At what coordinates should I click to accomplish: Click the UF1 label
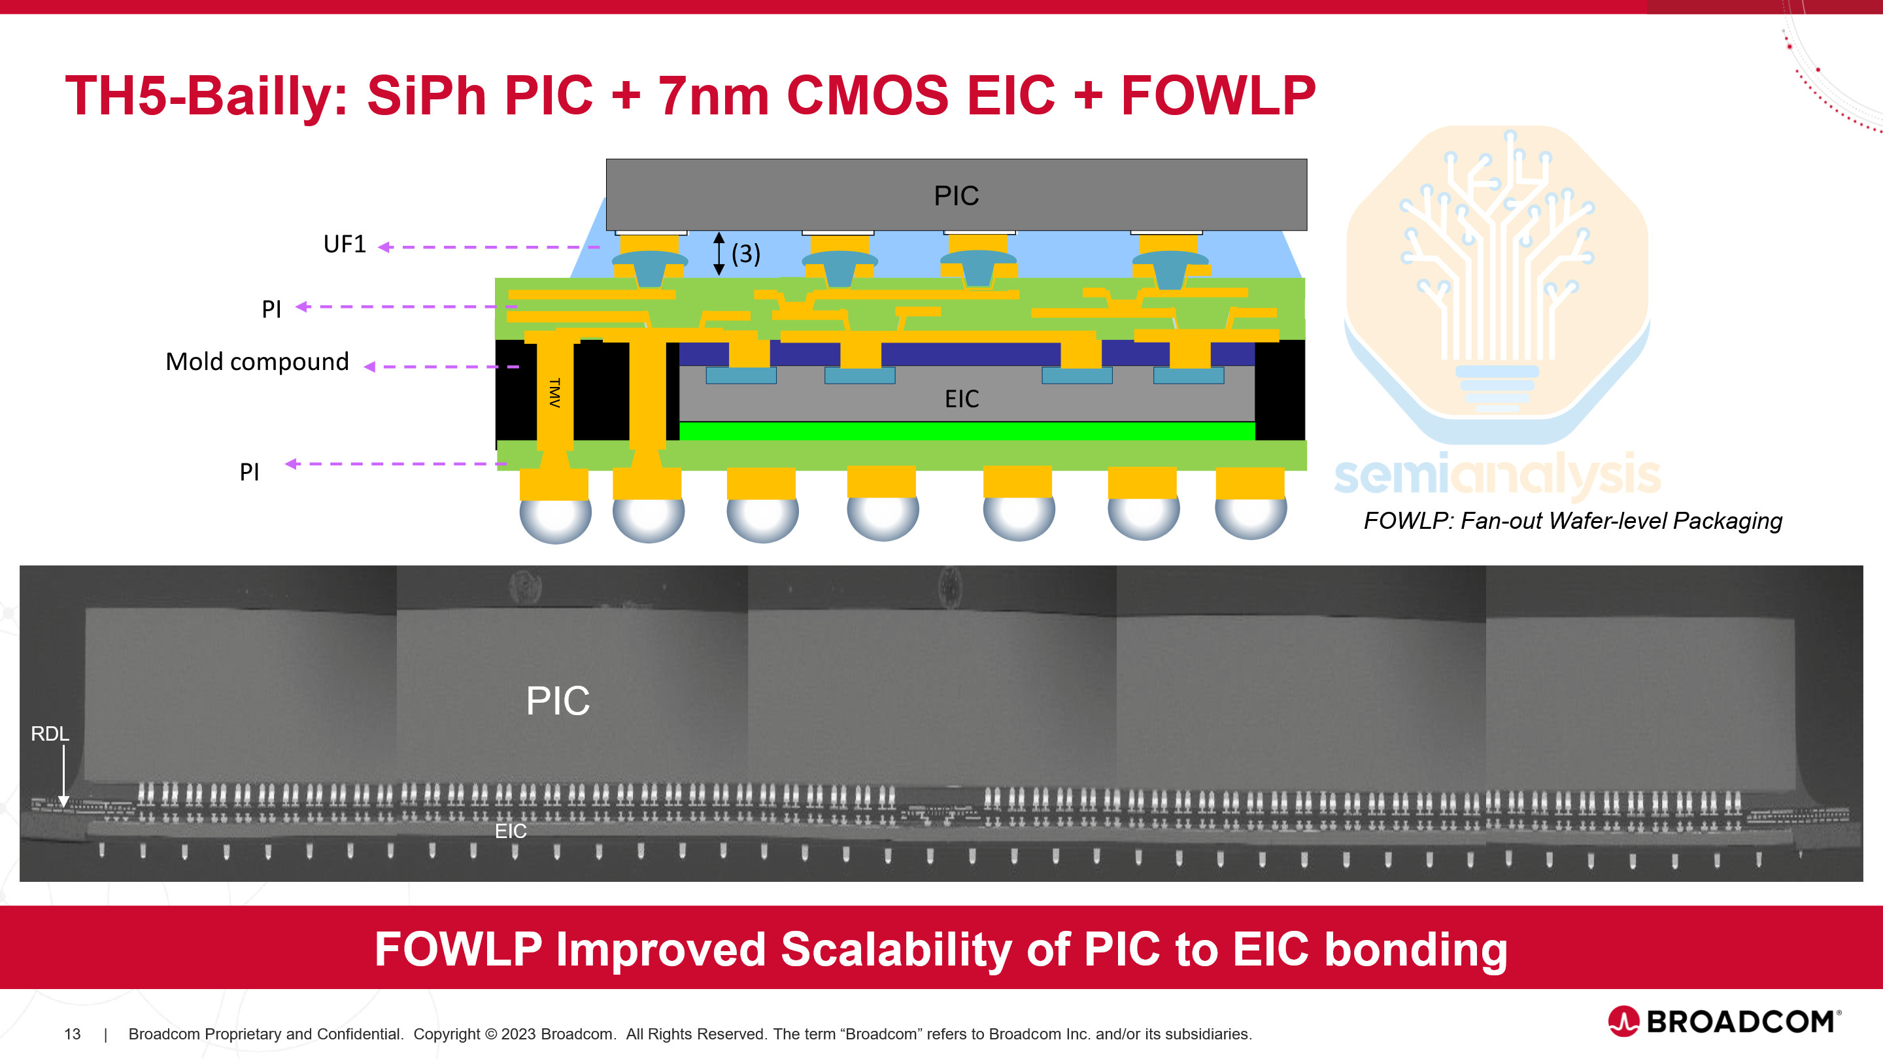coord(345,244)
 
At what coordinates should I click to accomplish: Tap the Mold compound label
coord(258,361)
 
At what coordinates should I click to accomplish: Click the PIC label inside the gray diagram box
coord(956,196)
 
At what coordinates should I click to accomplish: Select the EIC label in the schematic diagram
coord(961,399)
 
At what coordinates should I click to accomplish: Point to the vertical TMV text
coord(555,392)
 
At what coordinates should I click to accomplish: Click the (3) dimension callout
coord(745,254)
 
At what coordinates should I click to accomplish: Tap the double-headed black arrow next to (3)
coord(719,254)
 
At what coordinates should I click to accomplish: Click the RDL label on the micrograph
coord(50,733)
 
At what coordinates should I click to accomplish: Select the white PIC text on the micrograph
coord(558,701)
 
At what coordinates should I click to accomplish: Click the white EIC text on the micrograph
coord(510,831)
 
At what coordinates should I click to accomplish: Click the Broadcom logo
coord(1724,1021)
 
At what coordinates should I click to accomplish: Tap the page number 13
coord(73,1034)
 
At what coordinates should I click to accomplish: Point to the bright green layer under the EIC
coord(966,431)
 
